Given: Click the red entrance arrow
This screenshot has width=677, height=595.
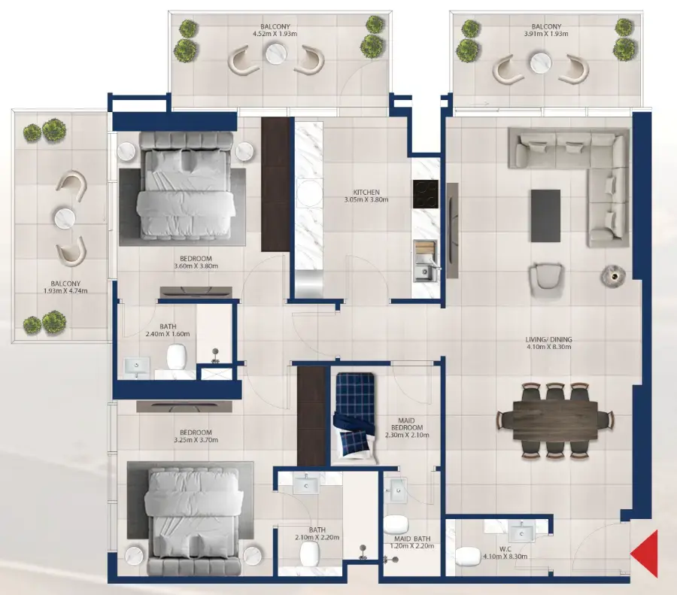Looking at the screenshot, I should pyautogui.click(x=646, y=554).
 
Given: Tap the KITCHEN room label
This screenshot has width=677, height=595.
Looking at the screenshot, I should pyautogui.click(x=366, y=192).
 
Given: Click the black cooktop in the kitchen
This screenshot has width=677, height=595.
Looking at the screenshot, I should pyautogui.click(x=424, y=193).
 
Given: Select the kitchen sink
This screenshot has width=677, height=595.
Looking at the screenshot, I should pyautogui.click(x=426, y=267).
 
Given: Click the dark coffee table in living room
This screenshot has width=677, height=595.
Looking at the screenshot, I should pyautogui.click(x=545, y=215).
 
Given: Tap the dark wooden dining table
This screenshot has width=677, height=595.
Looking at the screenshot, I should pyautogui.click(x=555, y=419).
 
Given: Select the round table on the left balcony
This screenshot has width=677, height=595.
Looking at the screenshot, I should pyautogui.click(x=65, y=218).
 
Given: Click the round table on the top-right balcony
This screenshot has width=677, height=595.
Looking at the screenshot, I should pyautogui.click(x=541, y=62).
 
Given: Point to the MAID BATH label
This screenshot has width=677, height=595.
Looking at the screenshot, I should pyautogui.click(x=411, y=539).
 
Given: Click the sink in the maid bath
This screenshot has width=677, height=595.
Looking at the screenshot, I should pyautogui.click(x=396, y=490).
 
